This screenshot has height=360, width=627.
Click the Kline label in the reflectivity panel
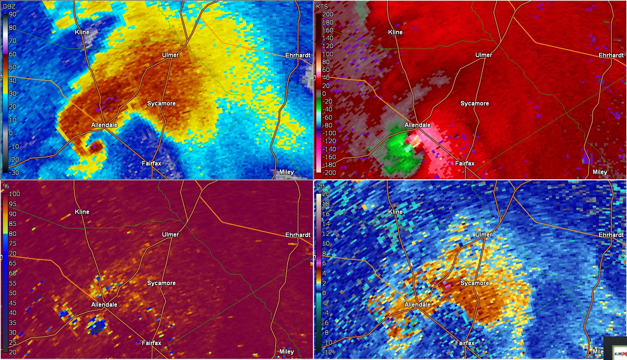coord(82,32)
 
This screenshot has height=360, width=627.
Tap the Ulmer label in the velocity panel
coord(484,55)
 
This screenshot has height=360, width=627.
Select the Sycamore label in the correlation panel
coord(161,283)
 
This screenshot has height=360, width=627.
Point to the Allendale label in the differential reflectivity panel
coord(417,304)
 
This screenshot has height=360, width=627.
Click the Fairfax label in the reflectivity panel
coord(151,163)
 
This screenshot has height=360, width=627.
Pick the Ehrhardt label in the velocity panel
coord(611,55)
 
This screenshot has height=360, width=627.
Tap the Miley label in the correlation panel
coord(286,351)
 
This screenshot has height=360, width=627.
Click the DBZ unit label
coord(9,6)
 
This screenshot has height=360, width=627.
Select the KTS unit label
coord(322,6)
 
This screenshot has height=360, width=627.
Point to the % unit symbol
coord(6,186)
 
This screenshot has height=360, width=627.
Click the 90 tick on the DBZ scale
coord(13,14)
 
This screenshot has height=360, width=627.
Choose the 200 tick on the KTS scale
coord(328,14)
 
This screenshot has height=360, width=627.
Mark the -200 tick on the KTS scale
coord(329,173)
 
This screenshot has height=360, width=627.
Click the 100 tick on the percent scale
coord(14,194)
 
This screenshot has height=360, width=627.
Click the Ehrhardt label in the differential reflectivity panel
coord(611,235)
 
